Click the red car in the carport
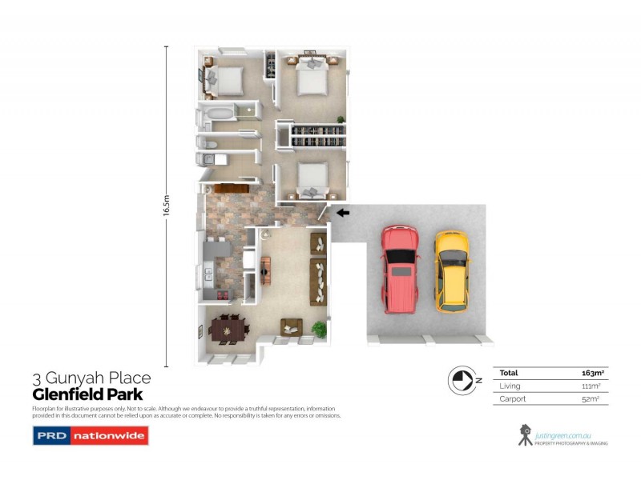pos(399,269)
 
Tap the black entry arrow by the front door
pos(343,213)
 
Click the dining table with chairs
pos(226,329)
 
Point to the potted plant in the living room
pos(320,328)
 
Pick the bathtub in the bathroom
pos(218,114)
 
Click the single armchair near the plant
pos(291,326)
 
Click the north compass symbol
pos(462,379)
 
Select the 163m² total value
pos(591,373)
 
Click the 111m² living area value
pos(591,386)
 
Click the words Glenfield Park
pos(87,394)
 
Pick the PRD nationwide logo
pos(90,436)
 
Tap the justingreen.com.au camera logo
pos(525,434)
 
